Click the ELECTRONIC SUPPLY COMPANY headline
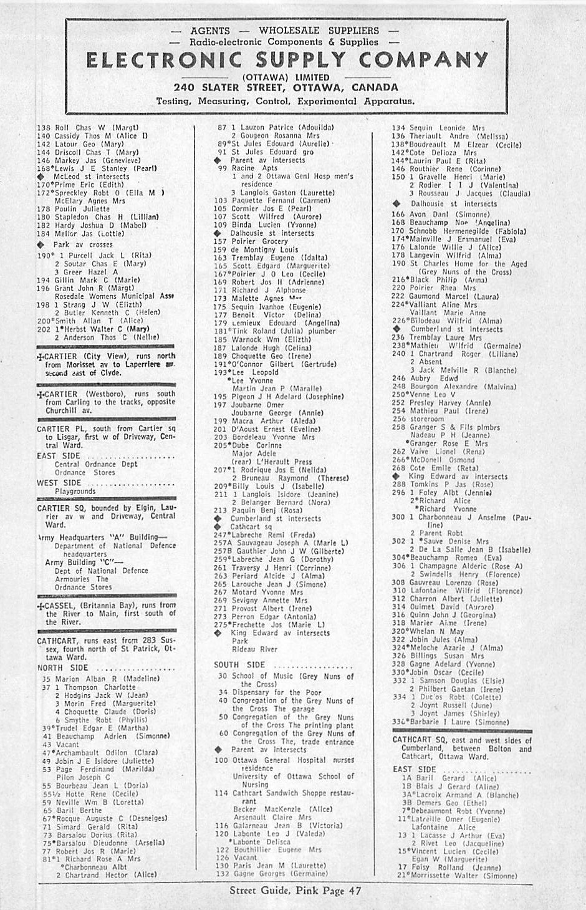coord(287,61)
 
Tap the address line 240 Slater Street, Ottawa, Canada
coord(286,87)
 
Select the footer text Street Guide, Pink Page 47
coord(295,891)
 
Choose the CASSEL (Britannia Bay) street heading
coord(62,606)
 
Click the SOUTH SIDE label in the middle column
coord(239,666)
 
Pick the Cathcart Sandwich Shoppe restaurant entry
coord(284,793)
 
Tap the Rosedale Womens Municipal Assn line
coord(113,296)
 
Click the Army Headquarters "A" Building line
coord(103,537)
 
